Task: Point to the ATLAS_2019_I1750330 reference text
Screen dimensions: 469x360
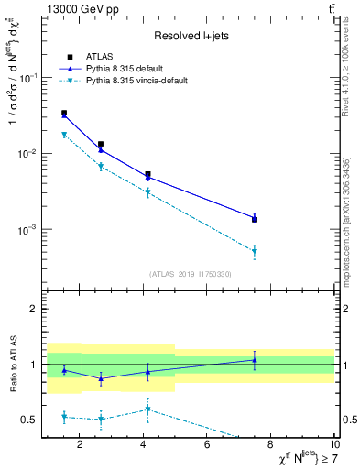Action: coord(191,274)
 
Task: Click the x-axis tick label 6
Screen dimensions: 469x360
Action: coord(208,446)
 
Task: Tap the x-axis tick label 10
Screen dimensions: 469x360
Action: coord(334,446)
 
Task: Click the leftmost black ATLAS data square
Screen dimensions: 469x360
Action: coord(63,113)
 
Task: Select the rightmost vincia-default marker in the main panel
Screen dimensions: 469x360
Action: coord(255,251)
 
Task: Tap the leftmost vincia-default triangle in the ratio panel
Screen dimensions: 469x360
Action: coord(63,417)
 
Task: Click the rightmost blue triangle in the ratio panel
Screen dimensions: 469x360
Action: coord(255,360)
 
